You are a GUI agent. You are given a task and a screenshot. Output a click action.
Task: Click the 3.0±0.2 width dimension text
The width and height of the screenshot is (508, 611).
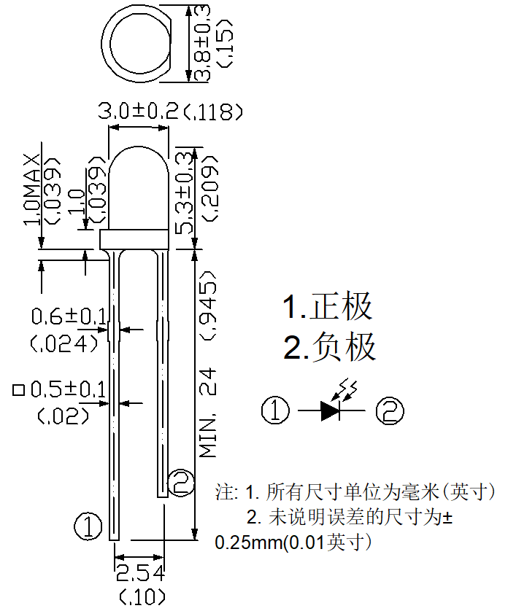[138, 111]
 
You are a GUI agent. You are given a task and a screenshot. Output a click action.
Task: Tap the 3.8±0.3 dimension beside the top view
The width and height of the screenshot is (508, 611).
[201, 43]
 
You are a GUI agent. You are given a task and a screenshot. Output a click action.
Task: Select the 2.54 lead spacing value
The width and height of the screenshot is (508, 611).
[140, 573]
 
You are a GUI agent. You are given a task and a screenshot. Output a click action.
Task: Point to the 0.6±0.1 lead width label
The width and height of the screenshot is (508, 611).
[69, 316]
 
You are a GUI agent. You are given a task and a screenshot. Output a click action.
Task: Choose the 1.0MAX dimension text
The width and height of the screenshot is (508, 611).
[32, 190]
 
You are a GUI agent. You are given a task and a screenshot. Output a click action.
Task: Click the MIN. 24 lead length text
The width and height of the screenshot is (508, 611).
[208, 413]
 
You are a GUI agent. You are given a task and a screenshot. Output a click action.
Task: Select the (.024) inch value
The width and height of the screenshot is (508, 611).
[64, 343]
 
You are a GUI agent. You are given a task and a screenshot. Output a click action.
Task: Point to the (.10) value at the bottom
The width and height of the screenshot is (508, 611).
[142, 596]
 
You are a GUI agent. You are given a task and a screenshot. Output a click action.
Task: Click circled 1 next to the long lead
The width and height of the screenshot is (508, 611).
[88, 526]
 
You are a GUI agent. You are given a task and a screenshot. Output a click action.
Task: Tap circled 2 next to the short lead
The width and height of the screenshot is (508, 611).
[181, 483]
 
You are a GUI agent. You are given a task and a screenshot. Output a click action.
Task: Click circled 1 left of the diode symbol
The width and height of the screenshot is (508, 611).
[275, 410]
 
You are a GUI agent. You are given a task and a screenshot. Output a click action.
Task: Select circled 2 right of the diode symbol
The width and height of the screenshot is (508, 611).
[390, 410]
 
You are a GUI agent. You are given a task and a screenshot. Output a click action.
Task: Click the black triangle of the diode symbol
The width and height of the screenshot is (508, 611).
[329, 410]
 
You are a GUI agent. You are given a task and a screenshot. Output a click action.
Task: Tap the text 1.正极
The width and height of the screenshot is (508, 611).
[327, 306]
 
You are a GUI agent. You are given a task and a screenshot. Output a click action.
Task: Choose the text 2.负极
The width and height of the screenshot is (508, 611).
[329, 346]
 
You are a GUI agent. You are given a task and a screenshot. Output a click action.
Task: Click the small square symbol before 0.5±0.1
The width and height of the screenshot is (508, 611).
[19, 390]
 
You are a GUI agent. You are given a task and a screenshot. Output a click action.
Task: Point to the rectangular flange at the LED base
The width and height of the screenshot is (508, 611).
[134, 240]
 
